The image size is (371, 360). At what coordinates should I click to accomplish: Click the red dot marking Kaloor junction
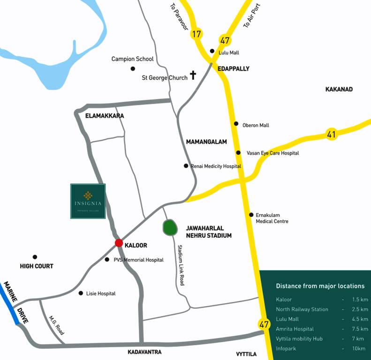click(119, 243)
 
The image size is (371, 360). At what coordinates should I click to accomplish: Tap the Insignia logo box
click(88, 201)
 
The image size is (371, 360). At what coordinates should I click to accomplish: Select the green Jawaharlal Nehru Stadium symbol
click(169, 228)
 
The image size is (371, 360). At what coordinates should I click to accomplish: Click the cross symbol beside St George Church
click(192, 75)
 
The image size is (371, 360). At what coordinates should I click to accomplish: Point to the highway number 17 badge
click(197, 34)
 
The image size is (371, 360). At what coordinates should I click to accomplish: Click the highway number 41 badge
click(332, 135)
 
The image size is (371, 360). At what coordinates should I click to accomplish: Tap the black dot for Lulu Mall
click(212, 51)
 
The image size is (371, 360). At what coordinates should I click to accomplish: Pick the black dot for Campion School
click(133, 69)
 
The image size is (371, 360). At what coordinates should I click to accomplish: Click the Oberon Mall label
click(256, 125)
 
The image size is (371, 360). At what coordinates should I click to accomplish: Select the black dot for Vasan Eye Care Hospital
click(238, 153)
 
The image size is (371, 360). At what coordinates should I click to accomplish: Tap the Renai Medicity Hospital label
click(216, 166)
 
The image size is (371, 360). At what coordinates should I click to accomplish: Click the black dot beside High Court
click(35, 257)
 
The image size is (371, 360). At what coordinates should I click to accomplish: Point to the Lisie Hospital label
click(101, 293)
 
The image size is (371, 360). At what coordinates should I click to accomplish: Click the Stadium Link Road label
click(180, 265)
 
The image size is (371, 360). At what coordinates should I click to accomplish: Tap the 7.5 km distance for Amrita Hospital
click(360, 329)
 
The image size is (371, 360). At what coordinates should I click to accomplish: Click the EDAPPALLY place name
click(234, 68)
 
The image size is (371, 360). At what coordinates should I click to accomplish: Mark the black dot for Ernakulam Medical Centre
click(251, 215)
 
